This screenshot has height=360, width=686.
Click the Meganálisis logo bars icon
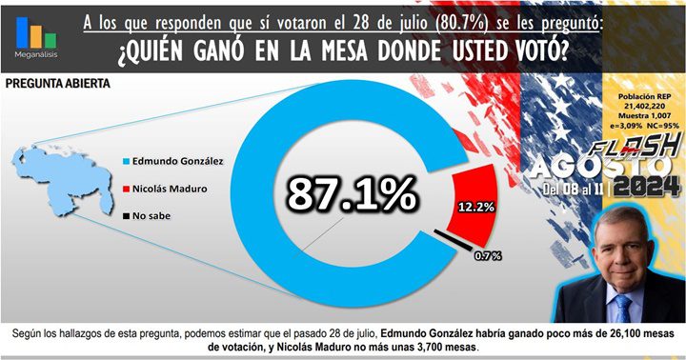click(x=35, y=33)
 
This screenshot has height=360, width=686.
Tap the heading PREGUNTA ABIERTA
click(x=56, y=84)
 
